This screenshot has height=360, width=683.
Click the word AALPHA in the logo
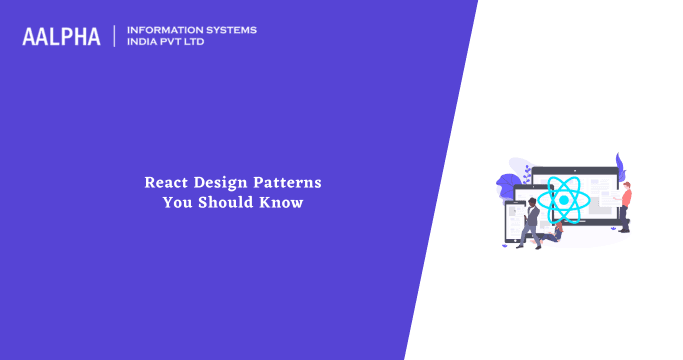[61, 36]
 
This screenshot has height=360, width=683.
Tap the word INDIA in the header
[143, 43]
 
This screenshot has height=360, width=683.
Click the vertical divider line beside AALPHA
[114, 36]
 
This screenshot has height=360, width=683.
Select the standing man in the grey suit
[532, 215]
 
